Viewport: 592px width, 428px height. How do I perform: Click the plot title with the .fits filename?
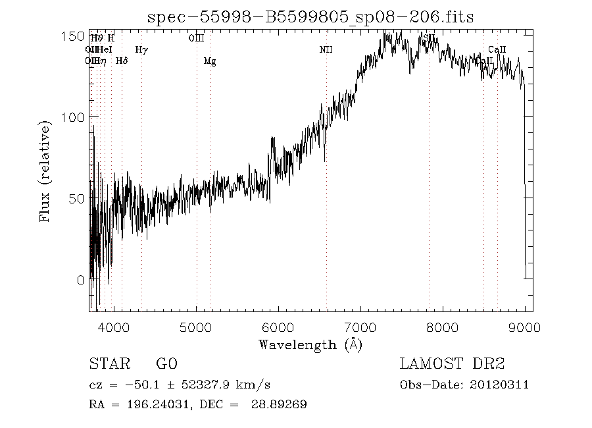(x=310, y=16)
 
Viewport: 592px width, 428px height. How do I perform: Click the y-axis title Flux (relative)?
(x=45, y=171)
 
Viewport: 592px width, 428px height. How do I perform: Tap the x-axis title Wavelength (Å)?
(x=310, y=344)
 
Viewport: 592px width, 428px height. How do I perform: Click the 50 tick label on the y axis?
(x=75, y=198)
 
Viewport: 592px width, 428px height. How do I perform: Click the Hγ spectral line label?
(x=141, y=49)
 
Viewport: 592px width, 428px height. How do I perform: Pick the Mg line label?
(x=210, y=61)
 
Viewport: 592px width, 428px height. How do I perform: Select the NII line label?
(x=326, y=49)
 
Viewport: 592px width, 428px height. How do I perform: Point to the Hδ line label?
(x=122, y=61)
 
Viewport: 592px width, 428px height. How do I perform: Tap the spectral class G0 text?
(x=166, y=364)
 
